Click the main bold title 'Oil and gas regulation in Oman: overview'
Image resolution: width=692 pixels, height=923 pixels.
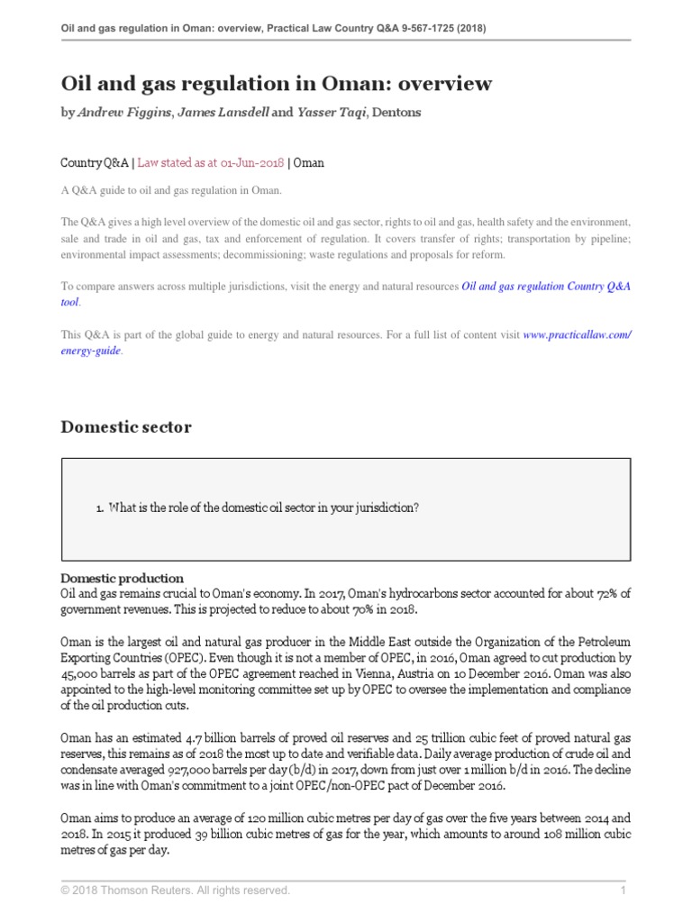(276, 85)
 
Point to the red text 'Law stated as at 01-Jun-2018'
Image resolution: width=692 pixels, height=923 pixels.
(210, 163)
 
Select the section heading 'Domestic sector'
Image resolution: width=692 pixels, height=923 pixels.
(126, 427)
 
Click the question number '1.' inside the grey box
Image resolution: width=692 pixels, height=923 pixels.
(99, 508)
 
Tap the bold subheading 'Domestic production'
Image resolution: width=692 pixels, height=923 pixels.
(122, 578)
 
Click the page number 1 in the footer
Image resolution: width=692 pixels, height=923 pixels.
(623, 891)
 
